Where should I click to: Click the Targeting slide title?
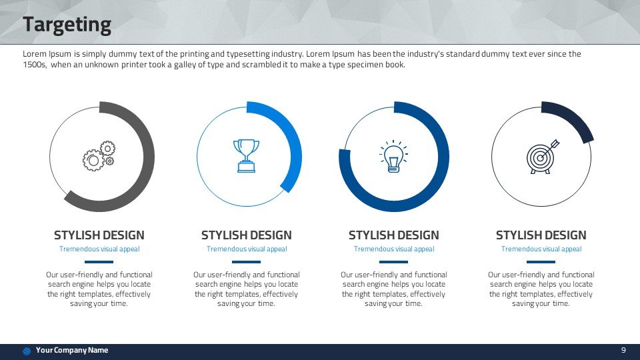[x=67, y=25]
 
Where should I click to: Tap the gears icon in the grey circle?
[x=99, y=156]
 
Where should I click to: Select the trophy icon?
[x=246, y=156]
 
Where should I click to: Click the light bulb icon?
[x=393, y=156]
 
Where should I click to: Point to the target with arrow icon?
[x=543, y=157]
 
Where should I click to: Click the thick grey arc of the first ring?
[x=149, y=157]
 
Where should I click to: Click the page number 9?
[x=623, y=350]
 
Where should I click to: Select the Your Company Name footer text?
[x=72, y=350]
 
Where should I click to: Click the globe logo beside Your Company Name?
[x=27, y=351]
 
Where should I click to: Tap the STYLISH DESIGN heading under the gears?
[x=99, y=235]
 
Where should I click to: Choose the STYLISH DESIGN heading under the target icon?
[x=541, y=235]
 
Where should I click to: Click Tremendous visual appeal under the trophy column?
[x=247, y=249]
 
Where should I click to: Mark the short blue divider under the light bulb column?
[x=393, y=262]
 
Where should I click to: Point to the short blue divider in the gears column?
[x=99, y=262]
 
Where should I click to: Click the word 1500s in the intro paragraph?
[x=34, y=65]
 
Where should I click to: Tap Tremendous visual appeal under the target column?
[x=541, y=249]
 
